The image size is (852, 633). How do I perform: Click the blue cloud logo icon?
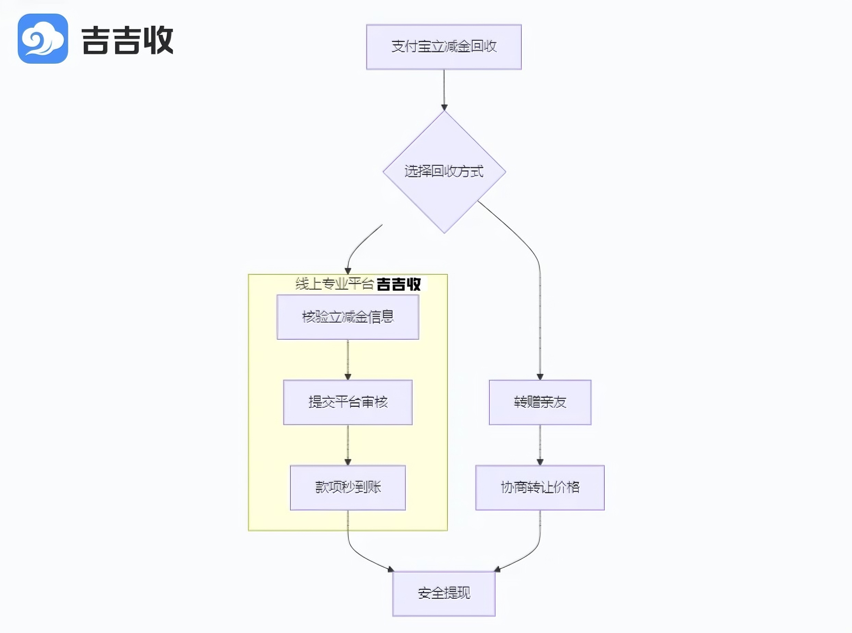(x=43, y=39)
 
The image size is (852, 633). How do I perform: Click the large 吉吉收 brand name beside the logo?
(x=127, y=40)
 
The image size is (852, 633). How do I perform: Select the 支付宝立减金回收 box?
(x=444, y=47)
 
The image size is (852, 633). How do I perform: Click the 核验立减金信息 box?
(x=347, y=317)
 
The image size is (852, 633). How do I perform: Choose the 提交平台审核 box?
(x=347, y=402)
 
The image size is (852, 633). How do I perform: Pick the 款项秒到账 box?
(x=347, y=487)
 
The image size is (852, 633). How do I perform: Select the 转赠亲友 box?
(x=540, y=402)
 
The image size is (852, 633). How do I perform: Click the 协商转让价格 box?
(x=540, y=487)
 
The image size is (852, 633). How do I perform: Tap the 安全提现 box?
(x=444, y=593)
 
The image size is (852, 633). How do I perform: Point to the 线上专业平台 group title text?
(x=334, y=284)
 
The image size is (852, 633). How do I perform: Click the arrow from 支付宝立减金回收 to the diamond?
(x=444, y=90)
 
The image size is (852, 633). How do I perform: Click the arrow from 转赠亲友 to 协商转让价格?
(x=540, y=445)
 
